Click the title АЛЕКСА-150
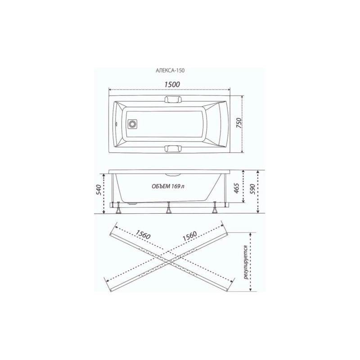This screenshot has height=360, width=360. click(170, 71)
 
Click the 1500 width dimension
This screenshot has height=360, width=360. click(172, 84)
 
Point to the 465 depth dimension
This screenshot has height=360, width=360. click(237, 188)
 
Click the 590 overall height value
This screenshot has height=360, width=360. click(252, 189)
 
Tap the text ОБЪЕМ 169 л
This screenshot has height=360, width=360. click(168, 186)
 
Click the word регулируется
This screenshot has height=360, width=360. click(246, 262)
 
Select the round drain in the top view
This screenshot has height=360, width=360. click(132, 125)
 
